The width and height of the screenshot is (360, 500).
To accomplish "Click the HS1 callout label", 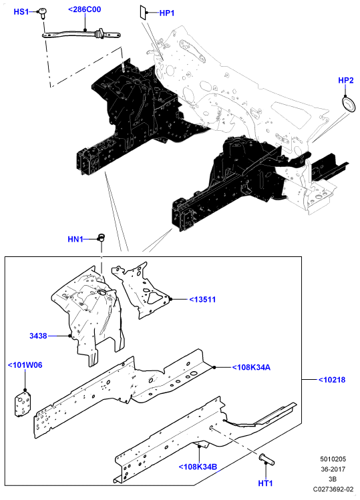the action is pyautogui.click(x=21, y=12).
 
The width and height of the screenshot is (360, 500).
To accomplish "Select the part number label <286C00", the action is pyautogui.click(x=85, y=9).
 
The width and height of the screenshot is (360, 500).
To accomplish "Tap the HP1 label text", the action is pyautogui.click(x=167, y=13).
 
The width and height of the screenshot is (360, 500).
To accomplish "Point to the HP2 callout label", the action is pyautogui.click(x=346, y=80).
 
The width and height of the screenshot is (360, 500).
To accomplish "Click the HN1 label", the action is pyautogui.click(x=75, y=239).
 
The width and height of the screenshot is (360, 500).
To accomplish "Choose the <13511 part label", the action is pyautogui.click(x=202, y=300).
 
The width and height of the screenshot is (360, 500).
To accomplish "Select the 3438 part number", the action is pyautogui.click(x=38, y=336).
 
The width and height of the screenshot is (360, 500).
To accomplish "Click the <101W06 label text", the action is pyautogui.click(x=25, y=365).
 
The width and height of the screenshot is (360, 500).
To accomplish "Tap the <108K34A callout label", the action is pyautogui.click(x=251, y=367).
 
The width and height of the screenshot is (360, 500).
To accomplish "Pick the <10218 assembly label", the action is pyautogui.click(x=332, y=380).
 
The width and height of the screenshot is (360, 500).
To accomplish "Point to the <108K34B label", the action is pyautogui.click(x=198, y=467).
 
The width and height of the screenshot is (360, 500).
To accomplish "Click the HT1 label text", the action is pyautogui.click(x=266, y=483).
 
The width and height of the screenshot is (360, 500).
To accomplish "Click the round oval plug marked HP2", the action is pyautogui.click(x=349, y=105).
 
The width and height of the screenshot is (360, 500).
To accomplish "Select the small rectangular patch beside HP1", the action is pyautogui.click(x=142, y=13).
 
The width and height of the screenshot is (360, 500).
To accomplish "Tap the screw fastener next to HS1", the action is pyautogui.click(x=41, y=13).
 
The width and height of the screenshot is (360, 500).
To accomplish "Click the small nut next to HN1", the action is pyautogui.click(x=101, y=237).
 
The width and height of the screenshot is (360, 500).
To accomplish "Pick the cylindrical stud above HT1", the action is pyautogui.click(x=266, y=459).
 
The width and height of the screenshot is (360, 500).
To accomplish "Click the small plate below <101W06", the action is pyautogui.click(x=23, y=403).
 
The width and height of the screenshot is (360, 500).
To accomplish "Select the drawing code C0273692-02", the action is pyautogui.click(x=333, y=489).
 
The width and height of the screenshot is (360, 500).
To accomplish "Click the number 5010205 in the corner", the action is pyautogui.click(x=333, y=459).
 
